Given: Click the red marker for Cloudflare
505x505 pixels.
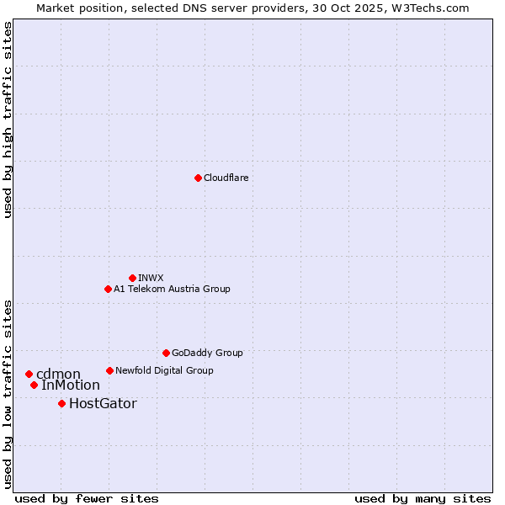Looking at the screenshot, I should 198,178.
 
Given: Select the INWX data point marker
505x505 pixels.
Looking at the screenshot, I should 132,278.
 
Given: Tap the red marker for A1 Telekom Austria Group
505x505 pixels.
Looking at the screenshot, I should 108,289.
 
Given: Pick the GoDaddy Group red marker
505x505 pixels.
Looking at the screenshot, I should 166,353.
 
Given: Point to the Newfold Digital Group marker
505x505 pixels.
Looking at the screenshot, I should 109,370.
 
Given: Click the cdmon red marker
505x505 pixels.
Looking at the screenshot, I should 29,374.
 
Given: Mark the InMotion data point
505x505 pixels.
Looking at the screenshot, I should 34,385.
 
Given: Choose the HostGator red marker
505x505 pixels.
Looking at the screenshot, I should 61,403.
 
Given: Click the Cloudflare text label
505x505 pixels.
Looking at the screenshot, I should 226,178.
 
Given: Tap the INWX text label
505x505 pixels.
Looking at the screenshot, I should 151,278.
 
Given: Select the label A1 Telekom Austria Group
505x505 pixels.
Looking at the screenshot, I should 172,289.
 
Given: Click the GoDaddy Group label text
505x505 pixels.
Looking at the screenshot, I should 207,353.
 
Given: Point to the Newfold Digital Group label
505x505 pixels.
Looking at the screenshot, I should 164,370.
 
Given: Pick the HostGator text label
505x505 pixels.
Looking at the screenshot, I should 103,403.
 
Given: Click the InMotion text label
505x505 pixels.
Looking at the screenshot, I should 71,385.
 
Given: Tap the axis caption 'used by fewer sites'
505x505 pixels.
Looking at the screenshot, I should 87,498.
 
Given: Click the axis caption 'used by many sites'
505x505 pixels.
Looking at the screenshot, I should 423,498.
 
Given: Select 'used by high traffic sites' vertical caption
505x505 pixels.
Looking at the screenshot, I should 8,120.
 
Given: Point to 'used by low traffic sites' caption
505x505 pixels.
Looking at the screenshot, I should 8,393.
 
